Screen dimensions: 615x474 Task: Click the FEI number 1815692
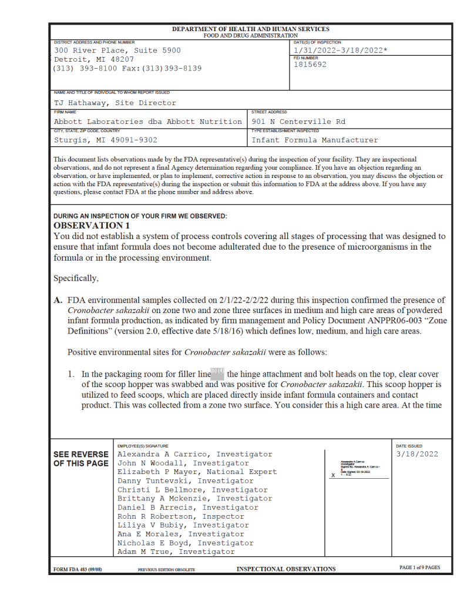[x=310, y=65]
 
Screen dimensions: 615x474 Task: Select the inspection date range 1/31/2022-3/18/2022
[x=340, y=51]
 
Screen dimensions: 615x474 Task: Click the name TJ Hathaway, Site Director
[x=115, y=103]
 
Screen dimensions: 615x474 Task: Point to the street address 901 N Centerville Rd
[x=299, y=122]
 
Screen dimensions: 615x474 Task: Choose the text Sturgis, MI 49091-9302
[x=106, y=140]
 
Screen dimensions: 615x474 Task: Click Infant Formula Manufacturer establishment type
[x=315, y=140]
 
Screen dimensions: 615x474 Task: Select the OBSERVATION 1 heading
[x=90, y=226]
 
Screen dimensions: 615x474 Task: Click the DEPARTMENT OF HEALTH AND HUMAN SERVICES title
[x=251, y=29]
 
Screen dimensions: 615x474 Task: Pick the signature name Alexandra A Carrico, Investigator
[x=195, y=454]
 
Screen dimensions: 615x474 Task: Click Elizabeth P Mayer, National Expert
[x=197, y=472]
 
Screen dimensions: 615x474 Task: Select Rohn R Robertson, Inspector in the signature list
[x=183, y=516]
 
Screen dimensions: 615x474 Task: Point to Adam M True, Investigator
[x=176, y=552]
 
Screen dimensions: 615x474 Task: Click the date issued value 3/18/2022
[x=417, y=454]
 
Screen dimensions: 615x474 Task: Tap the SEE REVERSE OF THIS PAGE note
[x=81, y=459]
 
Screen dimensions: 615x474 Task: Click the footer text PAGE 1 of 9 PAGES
[x=419, y=568]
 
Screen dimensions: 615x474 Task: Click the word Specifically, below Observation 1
[x=75, y=278]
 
